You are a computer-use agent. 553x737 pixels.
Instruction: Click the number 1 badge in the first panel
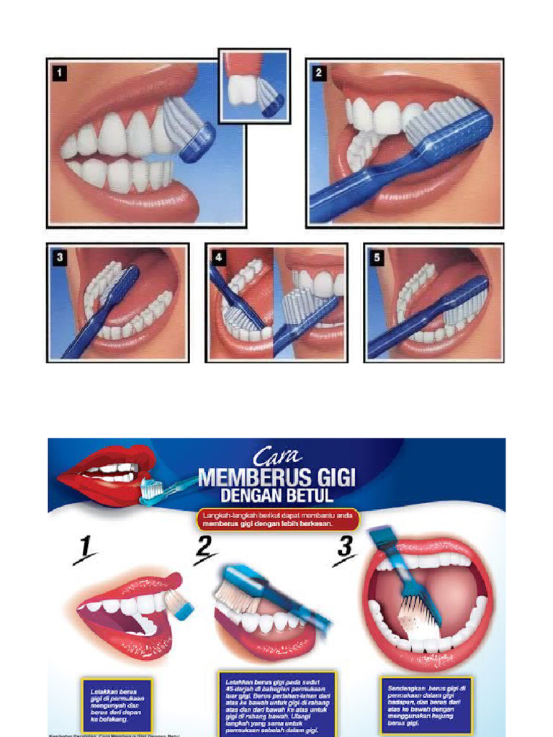tap(59, 73)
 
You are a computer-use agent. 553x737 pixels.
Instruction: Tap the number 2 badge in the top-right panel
tap(319, 73)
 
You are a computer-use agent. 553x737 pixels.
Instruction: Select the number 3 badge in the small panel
tap(58, 256)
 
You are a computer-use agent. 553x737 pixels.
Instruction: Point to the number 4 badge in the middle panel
tap(217, 256)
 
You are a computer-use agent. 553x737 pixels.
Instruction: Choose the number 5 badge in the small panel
tap(376, 256)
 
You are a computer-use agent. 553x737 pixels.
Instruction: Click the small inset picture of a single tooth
tap(254, 86)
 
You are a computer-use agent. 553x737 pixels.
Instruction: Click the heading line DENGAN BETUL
tap(276, 497)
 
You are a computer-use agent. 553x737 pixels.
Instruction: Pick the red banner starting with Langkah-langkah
tap(276, 520)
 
